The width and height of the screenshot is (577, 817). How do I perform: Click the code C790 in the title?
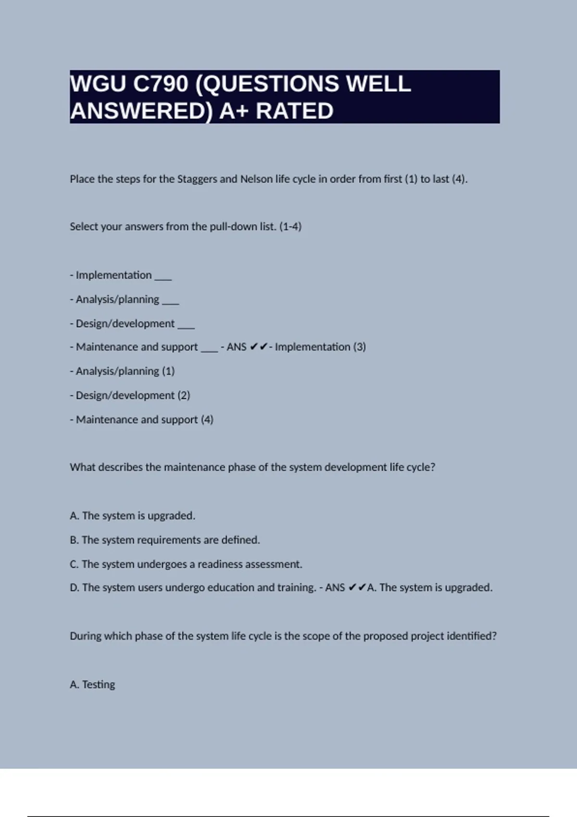[161, 84]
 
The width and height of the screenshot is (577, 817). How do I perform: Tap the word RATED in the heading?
[294, 111]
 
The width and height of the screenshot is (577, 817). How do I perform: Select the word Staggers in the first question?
[197, 179]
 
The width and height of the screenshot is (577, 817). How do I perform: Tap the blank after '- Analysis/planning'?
[170, 302]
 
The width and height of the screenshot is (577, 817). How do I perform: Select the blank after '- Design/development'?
[186, 327]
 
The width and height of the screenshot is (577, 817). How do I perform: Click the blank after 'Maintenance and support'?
[209, 350]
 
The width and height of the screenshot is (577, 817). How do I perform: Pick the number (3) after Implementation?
[359, 347]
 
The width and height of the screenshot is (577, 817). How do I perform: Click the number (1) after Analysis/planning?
[168, 371]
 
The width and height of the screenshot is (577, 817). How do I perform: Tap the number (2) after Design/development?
[184, 396]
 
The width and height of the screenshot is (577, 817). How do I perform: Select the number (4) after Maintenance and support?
[207, 420]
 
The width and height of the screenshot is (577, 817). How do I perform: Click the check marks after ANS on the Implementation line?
[259, 347]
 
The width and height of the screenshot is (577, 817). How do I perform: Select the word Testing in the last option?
[99, 684]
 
